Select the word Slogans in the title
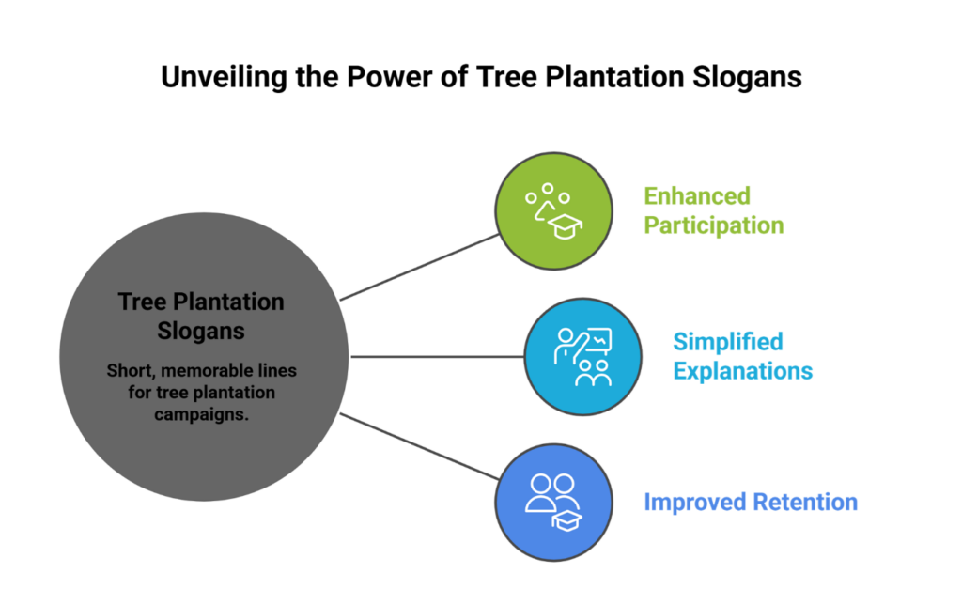[748, 76]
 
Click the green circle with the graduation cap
[553, 212]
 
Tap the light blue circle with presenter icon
[582, 357]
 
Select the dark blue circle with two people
[553, 502]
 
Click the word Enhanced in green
[696, 196]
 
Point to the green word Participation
[713, 225]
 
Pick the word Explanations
[742, 370]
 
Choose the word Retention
[809, 502]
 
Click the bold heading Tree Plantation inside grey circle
[201, 302]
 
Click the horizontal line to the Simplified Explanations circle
[437, 357]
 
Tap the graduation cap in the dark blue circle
[567, 519]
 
